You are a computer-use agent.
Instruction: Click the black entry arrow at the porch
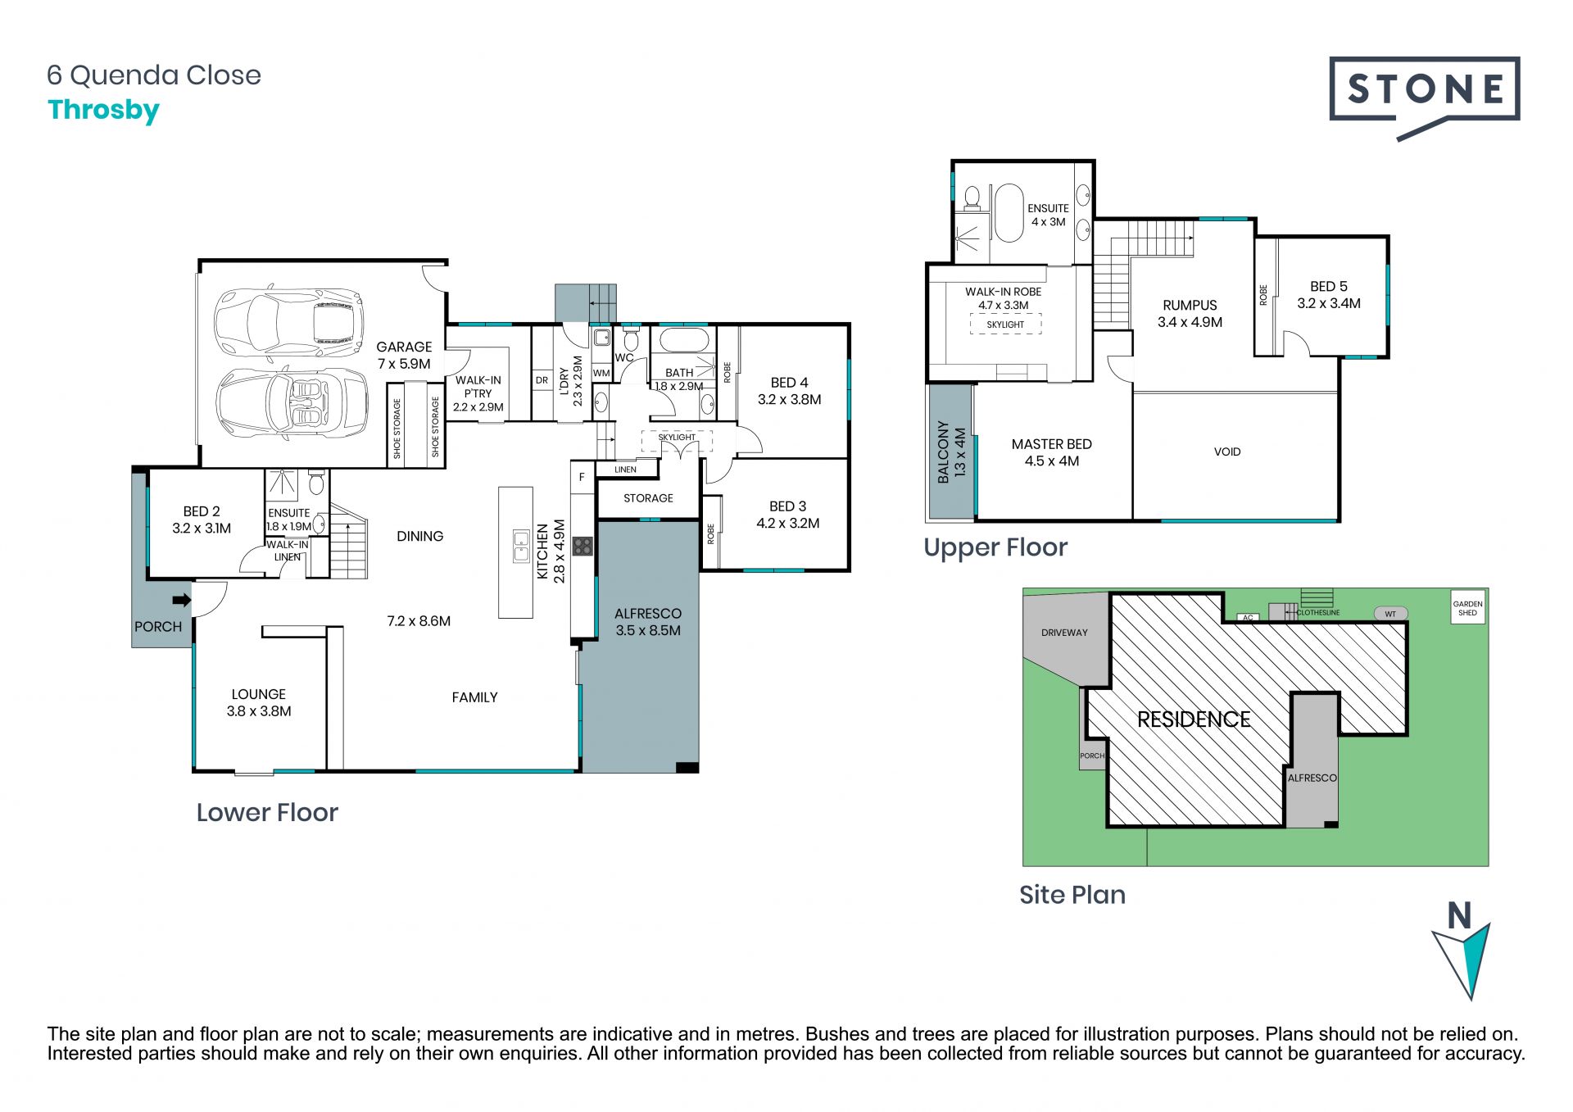click(x=182, y=600)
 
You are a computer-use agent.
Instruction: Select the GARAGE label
click(x=404, y=347)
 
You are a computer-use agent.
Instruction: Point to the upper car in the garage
click(x=288, y=317)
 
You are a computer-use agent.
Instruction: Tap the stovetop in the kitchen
click(x=583, y=546)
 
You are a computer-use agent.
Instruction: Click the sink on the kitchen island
click(x=521, y=546)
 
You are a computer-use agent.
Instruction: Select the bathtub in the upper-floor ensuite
click(x=1009, y=213)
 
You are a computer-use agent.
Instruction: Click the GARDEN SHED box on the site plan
click(x=1467, y=607)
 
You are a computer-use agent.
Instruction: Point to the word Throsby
click(x=104, y=111)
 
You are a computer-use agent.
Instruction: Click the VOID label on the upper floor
click(x=1227, y=452)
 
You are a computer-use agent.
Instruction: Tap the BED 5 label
click(x=1328, y=286)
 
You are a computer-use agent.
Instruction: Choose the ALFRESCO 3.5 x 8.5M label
click(x=648, y=622)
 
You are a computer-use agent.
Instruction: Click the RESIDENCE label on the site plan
click(x=1194, y=719)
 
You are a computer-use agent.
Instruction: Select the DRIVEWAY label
click(x=1064, y=633)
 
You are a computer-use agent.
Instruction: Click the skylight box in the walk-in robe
click(x=1005, y=325)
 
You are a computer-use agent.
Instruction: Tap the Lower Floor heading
click(x=267, y=812)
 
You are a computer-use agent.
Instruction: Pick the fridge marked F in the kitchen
click(x=583, y=478)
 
